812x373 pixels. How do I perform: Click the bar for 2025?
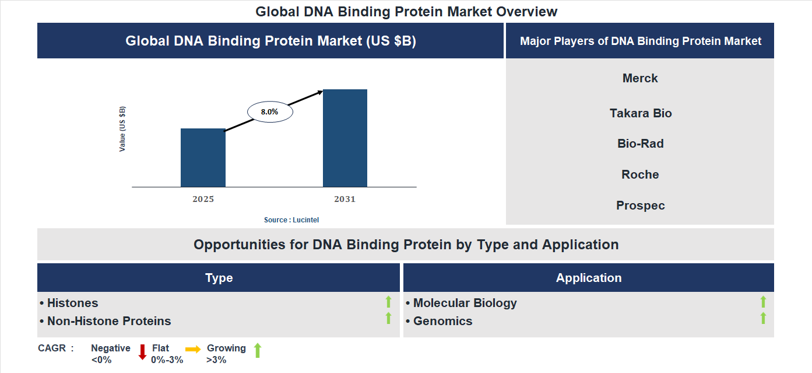(x=203, y=158)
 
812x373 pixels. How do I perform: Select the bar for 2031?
(x=345, y=138)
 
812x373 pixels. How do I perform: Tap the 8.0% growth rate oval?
(x=270, y=111)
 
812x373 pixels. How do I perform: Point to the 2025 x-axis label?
(x=203, y=199)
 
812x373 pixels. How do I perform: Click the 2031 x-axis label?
(x=345, y=199)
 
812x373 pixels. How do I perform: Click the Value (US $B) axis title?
(x=122, y=129)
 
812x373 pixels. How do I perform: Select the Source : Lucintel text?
(x=291, y=220)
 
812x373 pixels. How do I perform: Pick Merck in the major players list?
(x=640, y=78)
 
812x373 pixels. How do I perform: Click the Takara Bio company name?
(x=641, y=113)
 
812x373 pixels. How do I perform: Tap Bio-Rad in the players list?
(x=640, y=144)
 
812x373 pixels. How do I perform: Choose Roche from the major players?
(x=640, y=175)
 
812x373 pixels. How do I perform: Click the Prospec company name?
(x=640, y=205)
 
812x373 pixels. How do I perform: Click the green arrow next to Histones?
(x=388, y=302)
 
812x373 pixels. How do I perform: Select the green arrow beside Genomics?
(x=763, y=319)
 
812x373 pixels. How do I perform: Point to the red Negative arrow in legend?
(x=142, y=352)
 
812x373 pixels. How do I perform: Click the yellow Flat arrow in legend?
(x=193, y=349)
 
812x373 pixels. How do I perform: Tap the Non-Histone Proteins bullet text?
(x=109, y=321)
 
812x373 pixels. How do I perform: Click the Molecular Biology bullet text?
(x=465, y=303)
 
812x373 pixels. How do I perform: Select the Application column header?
(x=589, y=278)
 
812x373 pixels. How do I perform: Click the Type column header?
(x=219, y=278)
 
